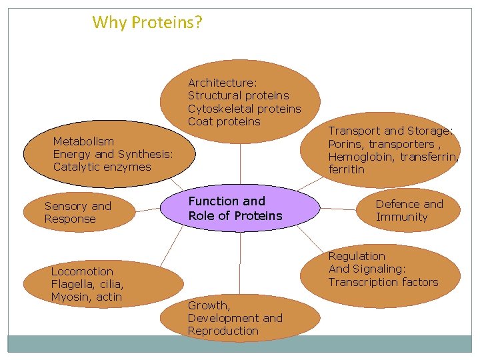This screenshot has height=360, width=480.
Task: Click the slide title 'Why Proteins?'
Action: [147, 23]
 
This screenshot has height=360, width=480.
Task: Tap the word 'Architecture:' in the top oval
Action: [222, 83]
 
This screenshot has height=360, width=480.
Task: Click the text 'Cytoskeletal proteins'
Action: [244, 109]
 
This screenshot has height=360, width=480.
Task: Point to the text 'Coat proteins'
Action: [224, 121]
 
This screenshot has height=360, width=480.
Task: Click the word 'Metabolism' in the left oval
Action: [83, 141]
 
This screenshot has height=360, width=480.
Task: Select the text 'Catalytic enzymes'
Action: [102, 167]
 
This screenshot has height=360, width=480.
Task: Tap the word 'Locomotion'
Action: [82, 271]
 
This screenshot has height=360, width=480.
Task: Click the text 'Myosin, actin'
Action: [86, 297]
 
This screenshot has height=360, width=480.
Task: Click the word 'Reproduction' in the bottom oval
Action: [223, 331]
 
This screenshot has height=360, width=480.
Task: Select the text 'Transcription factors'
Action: [383, 282]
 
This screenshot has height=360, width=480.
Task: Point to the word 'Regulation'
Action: [357, 256]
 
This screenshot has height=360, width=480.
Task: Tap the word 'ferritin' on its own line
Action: [347, 169]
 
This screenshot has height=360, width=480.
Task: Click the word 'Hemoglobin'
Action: [359, 157]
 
